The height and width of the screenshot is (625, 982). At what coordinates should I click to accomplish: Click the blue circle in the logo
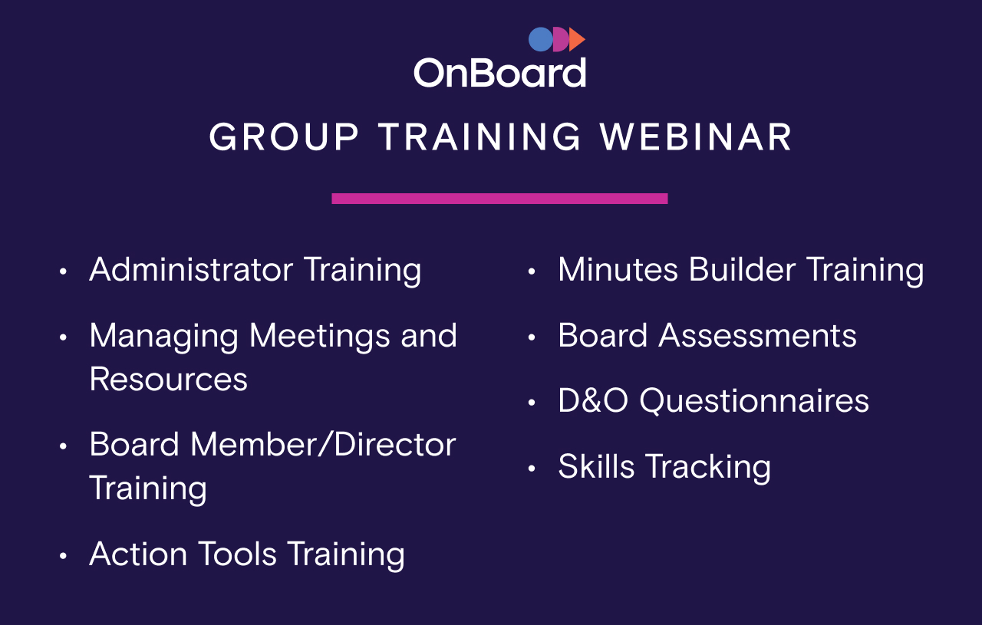click(540, 39)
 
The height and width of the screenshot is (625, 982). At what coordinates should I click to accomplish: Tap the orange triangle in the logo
click(577, 39)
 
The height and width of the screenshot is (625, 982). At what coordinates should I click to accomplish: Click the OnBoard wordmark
click(499, 74)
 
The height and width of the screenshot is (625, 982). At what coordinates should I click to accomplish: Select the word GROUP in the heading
click(284, 138)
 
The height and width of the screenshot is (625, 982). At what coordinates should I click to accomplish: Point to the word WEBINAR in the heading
click(697, 138)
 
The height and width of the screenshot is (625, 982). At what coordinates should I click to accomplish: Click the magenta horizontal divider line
click(499, 199)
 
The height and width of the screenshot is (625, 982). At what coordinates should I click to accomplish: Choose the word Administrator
click(191, 270)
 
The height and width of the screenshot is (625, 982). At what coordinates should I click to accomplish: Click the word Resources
click(169, 380)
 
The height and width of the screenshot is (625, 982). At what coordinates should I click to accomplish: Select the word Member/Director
click(323, 445)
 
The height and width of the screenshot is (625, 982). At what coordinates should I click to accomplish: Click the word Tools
click(237, 554)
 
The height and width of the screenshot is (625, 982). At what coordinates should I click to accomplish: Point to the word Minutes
click(618, 270)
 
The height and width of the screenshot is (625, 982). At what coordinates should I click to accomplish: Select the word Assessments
click(757, 336)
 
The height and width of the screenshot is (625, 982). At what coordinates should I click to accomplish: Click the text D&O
click(593, 401)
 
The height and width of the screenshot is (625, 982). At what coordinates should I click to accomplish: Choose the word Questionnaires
click(754, 401)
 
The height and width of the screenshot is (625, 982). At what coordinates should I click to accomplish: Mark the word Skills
click(596, 467)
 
